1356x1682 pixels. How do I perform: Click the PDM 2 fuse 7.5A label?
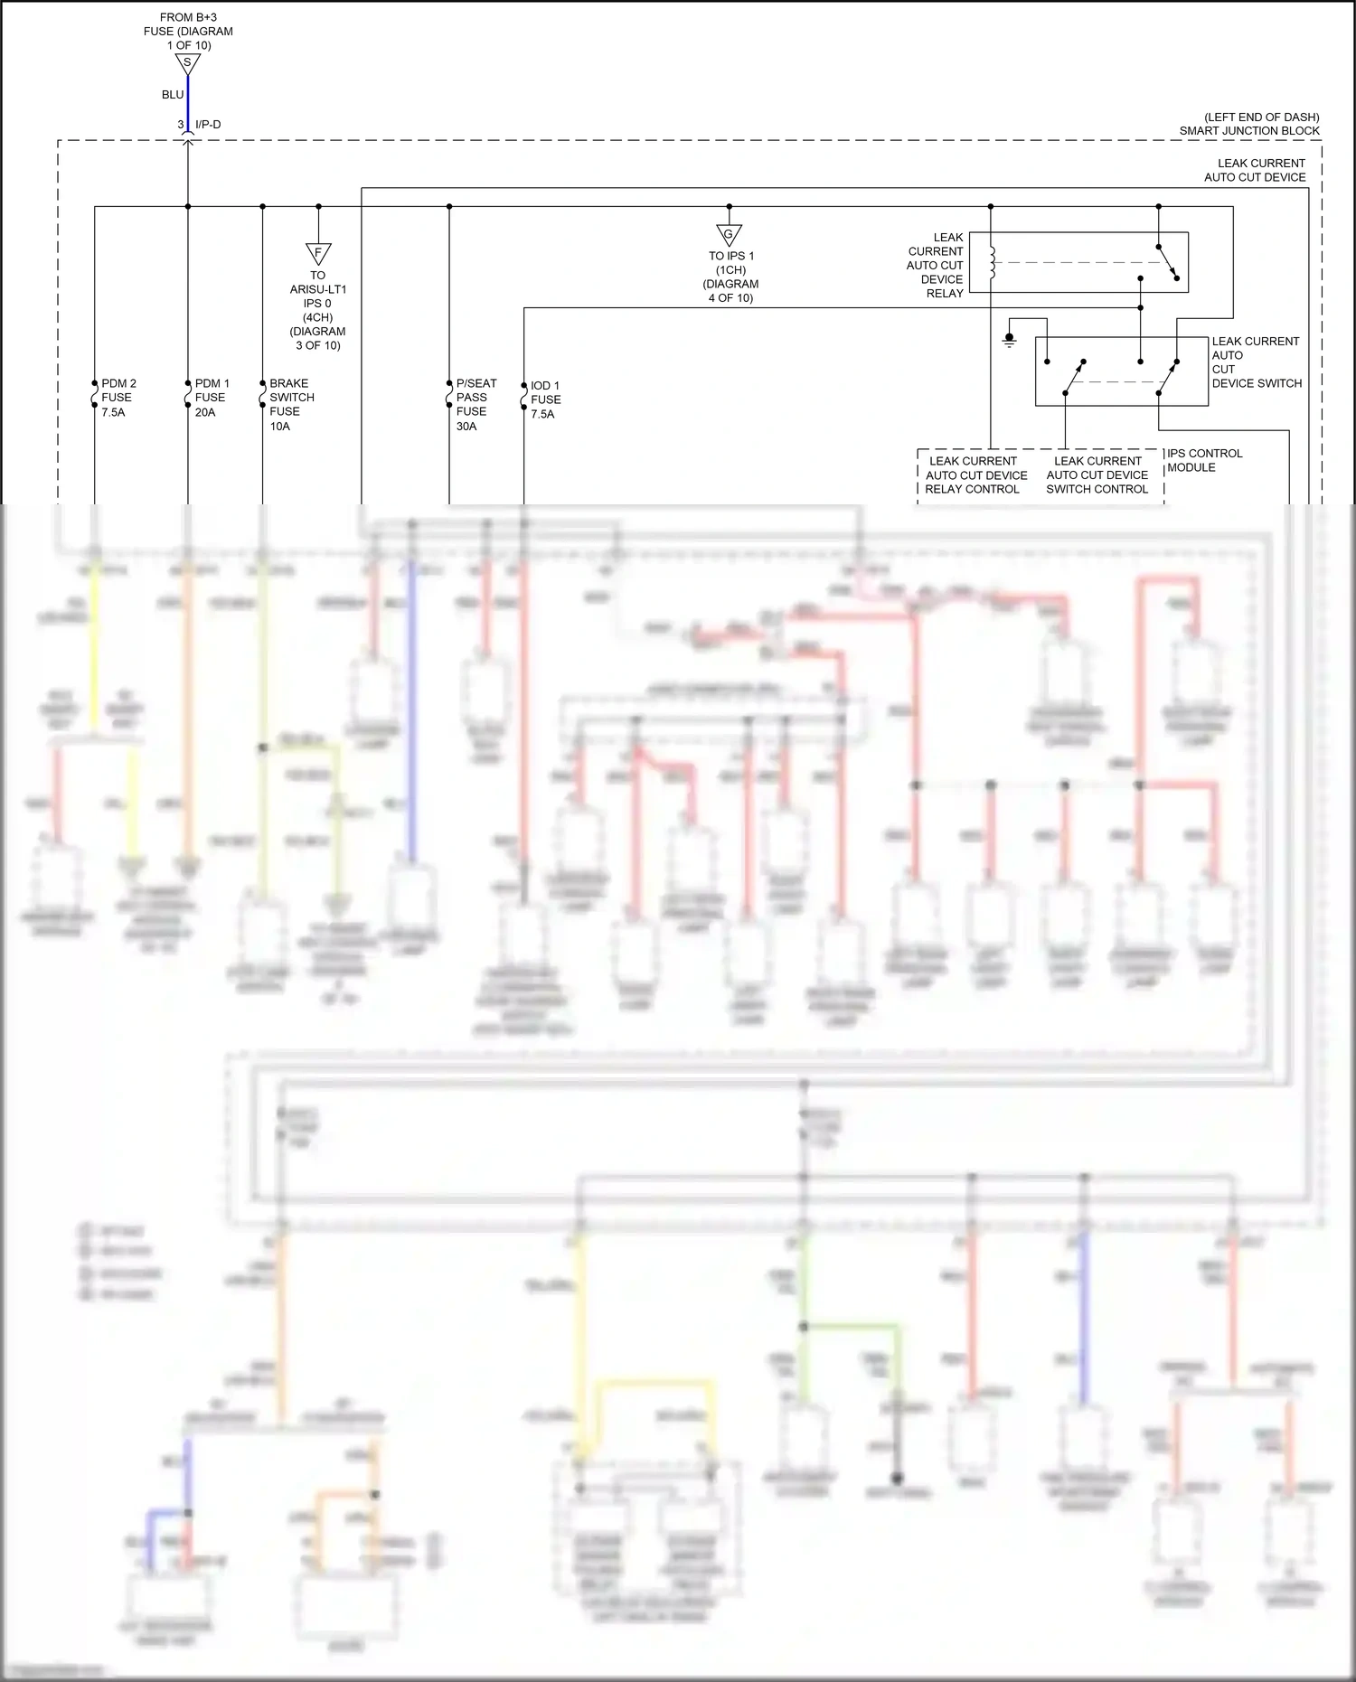click(118, 398)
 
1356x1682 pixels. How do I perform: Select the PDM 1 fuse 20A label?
click(212, 398)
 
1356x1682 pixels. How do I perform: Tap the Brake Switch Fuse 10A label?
click(291, 404)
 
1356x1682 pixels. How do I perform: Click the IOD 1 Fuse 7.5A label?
click(544, 399)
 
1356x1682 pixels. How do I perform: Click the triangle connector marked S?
click(187, 63)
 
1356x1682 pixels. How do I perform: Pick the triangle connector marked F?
click(318, 253)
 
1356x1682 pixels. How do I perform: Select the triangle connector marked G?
click(729, 235)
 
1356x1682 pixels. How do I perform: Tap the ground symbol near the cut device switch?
click(1010, 341)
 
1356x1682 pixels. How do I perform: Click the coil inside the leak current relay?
click(993, 262)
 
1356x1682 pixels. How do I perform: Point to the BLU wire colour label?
click(173, 95)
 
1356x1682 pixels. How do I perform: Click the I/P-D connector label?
click(208, 125)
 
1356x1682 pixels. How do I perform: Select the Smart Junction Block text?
click(1248, 131)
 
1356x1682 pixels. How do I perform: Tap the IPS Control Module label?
click(1204, 460)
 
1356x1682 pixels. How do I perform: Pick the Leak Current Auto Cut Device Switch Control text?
click(1097, 475)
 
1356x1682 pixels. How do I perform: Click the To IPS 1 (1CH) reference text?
click(730, 277)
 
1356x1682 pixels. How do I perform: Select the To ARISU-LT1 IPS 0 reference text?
click(317, 310)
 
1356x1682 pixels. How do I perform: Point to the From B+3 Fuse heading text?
click(188, 31)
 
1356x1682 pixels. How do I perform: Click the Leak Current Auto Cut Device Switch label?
click(1256, 362)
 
